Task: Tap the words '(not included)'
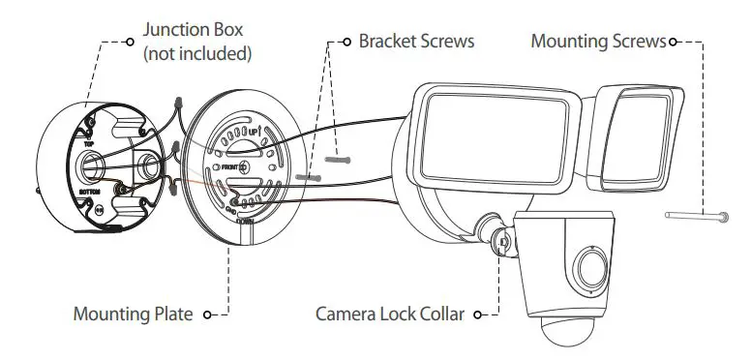pos(198,54)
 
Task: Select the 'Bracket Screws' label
pos(416,43)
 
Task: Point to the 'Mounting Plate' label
pos(133,315)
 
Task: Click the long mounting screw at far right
pos(695,217)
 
